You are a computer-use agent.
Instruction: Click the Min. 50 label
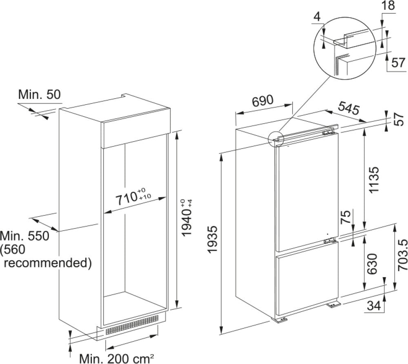pyautogui.click(x=40, y=95)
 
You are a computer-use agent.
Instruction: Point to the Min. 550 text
pyautogui.click(x=24, y=235)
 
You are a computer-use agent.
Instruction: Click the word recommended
pyautogui.click(x=47, y=262)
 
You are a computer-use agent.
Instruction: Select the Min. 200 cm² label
pyautogui.click(x=116, y=358)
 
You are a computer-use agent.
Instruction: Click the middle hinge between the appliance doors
pyautogui.click(x=330, y=241)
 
